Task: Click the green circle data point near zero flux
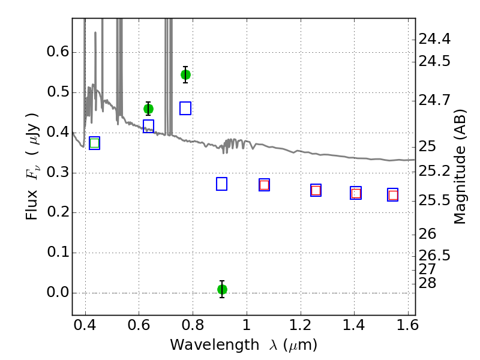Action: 222,289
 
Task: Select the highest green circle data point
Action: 185,74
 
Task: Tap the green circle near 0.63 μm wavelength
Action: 148,109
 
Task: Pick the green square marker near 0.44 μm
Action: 95,143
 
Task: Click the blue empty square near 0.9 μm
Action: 221,184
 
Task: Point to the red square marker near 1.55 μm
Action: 393,195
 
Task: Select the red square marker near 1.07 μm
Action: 264,185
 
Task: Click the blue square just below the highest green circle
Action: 185,109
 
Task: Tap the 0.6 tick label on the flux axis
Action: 58,52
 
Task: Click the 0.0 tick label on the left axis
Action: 58,292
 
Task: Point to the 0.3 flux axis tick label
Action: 58,172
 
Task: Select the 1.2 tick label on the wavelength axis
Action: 301,325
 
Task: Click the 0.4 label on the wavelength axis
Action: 85,325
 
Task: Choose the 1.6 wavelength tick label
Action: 407,325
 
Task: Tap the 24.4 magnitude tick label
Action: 434,39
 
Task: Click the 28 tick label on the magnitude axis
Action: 427,283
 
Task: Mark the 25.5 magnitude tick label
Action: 434,201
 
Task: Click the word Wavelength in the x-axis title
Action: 215,345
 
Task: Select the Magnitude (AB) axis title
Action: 460,167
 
